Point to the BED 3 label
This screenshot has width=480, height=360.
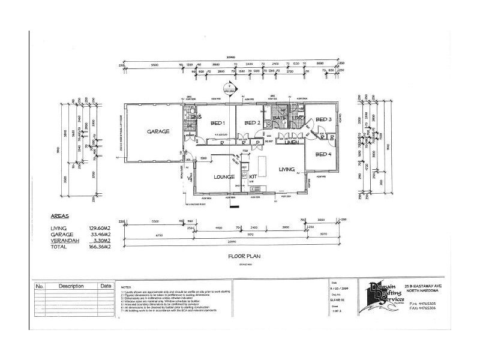(323, 119)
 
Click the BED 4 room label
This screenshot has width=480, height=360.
(323, 155)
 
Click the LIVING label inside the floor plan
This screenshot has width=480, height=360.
(287, 170)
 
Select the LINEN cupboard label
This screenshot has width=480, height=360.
(292, 142)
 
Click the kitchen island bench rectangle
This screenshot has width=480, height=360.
(262, 164)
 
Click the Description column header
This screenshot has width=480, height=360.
(71, 286)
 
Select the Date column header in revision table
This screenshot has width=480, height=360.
(106, 286)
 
